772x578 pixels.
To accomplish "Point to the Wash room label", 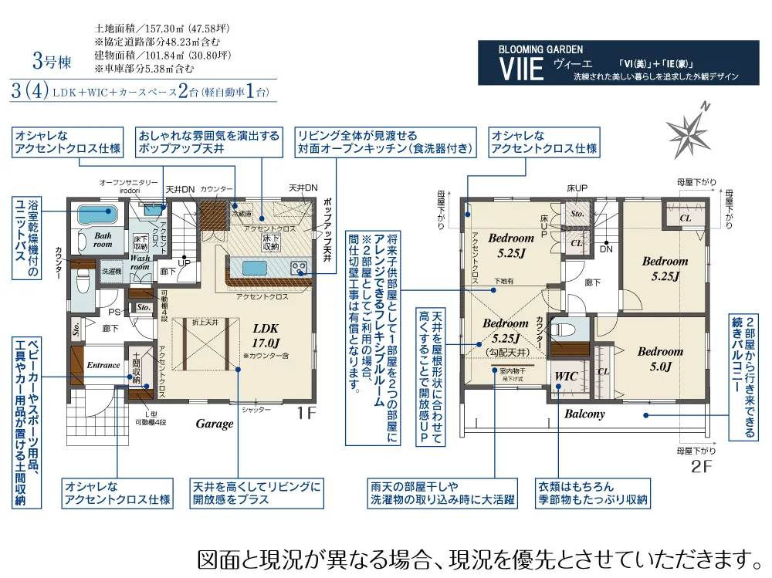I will pyautogui.click(x=141, y=262).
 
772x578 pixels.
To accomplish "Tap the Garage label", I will pyautogui.click(x=214, y=424).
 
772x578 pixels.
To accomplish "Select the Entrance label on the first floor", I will pyautogui.click(x=103, y=365).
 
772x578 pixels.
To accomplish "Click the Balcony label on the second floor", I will pyautogui.click(x=584, y=414).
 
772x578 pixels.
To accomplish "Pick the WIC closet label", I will pyautogui.click(x=567, y=377).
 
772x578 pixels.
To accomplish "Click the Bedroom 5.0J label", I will pyautogui.click(x=660, y=359).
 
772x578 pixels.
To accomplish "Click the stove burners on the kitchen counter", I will pyautogui.click(x=298, y=268).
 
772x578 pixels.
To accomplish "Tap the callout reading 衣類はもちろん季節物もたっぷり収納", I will pyautogui.click(x=594, y=493).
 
